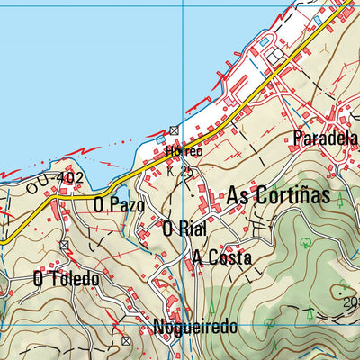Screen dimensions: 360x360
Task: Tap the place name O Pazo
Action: (119, 205)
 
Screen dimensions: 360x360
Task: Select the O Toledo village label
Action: (65, 279)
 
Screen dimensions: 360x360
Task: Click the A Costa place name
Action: (221, 258)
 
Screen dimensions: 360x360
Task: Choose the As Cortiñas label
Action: (279, 196)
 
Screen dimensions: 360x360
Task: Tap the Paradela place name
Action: (325, 139)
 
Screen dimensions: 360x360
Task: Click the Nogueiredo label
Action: (195, 328)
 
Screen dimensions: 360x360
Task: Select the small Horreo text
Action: (183, 152)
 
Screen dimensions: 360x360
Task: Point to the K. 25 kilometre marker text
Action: (181, 169)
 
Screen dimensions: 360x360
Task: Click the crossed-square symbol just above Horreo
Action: (174, 130)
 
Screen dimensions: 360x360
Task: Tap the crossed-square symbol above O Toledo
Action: (65, 245)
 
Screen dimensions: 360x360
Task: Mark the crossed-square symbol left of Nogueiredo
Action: (126, 342)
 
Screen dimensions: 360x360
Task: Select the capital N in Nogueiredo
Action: (160, 328)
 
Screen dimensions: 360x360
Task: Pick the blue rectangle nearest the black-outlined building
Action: (263, 42)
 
